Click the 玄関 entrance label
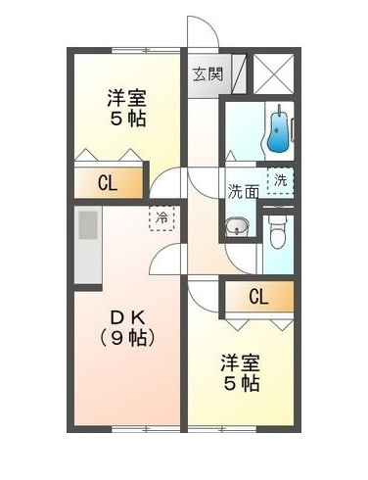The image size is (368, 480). tap(206, 73)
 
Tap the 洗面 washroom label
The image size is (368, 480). tap(244, 191)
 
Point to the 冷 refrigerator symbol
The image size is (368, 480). tap(158, 217)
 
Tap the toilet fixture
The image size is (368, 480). tap(277, 233)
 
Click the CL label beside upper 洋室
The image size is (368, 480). tap(108, 182)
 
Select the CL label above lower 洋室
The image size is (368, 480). tap(258, 296)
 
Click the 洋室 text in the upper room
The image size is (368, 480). tap(127, 98)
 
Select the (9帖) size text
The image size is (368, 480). tap(127, 339)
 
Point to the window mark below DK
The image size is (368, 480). tap(127, 430)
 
